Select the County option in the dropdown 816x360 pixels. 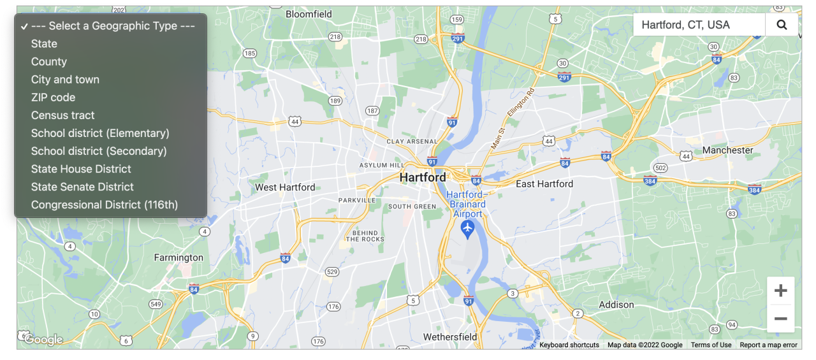(49, 62)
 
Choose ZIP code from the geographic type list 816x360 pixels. (54, 97)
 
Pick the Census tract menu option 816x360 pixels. (63, 115)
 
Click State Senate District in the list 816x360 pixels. (82, 187)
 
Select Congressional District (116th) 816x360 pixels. (105, 205)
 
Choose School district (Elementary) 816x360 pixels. (100, 133)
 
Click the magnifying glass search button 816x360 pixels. (782, 25)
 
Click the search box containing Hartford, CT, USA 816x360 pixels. (699, 25)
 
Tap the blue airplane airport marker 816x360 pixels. (468, 228)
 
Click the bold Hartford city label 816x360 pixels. (423, 178)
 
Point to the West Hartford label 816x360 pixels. (285, 187)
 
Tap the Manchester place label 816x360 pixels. (727, 150)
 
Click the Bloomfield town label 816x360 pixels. (309, 14)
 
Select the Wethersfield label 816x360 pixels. (450, 336)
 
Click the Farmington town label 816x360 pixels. (178, 257)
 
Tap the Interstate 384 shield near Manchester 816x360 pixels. (755, 189)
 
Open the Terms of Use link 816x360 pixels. (711, 345)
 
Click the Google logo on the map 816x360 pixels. (43, 340)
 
